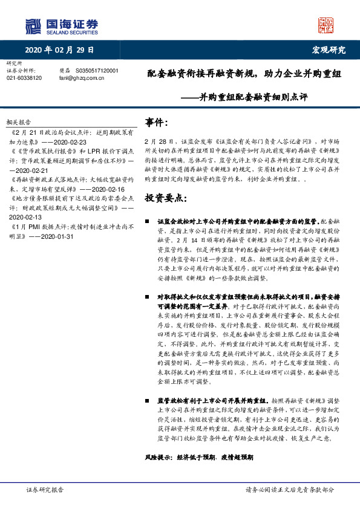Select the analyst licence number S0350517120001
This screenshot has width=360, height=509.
(97, 71)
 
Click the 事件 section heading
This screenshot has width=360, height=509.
(156, 123)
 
